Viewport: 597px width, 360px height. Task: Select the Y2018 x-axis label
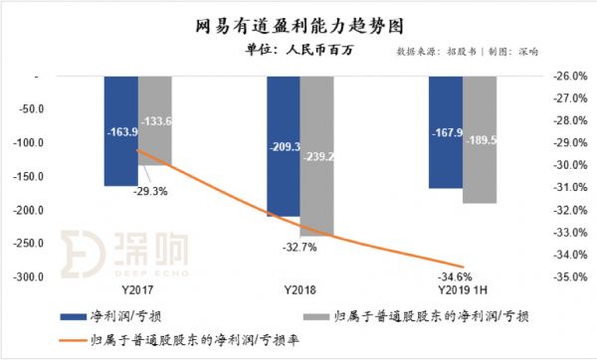pos(299,290)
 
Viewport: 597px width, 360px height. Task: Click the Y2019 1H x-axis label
pos(463,290)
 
